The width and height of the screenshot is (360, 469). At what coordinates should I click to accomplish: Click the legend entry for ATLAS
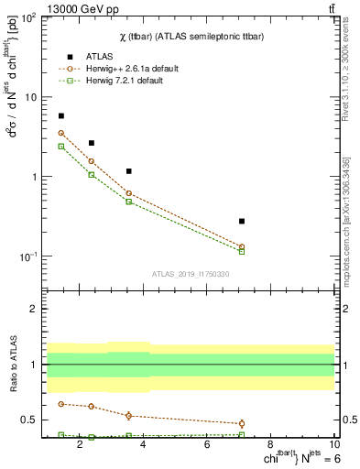pos(99,55)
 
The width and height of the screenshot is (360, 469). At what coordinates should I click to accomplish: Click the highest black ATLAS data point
pos(61,116)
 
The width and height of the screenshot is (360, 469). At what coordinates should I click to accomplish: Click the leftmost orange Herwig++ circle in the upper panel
pos(61,133)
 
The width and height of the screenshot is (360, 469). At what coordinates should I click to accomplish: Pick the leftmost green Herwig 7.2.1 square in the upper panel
pos(61,147)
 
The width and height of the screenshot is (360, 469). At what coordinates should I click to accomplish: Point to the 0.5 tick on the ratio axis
pos(28,420)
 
